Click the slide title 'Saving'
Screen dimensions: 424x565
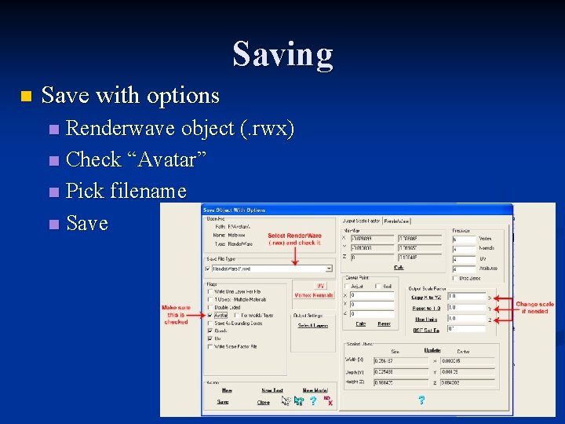[x=282, y=55]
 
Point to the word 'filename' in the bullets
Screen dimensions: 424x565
[x=150, y=191]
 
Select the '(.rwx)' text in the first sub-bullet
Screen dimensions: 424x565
[x=267, y=128]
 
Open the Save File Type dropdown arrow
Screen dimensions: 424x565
[x=329, y=269]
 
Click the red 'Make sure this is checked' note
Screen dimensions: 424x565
[x=177, y=314]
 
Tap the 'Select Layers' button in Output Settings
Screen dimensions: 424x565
[x=312, y=325]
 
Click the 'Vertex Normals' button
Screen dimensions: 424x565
[x=314, y=295]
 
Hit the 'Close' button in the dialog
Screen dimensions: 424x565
[x=264, y=402]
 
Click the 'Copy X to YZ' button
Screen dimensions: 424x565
[x=426, y=298]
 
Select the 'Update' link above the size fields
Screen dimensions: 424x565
[x=432, y=350]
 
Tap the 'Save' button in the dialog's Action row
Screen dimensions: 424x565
[x=223, y=402]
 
